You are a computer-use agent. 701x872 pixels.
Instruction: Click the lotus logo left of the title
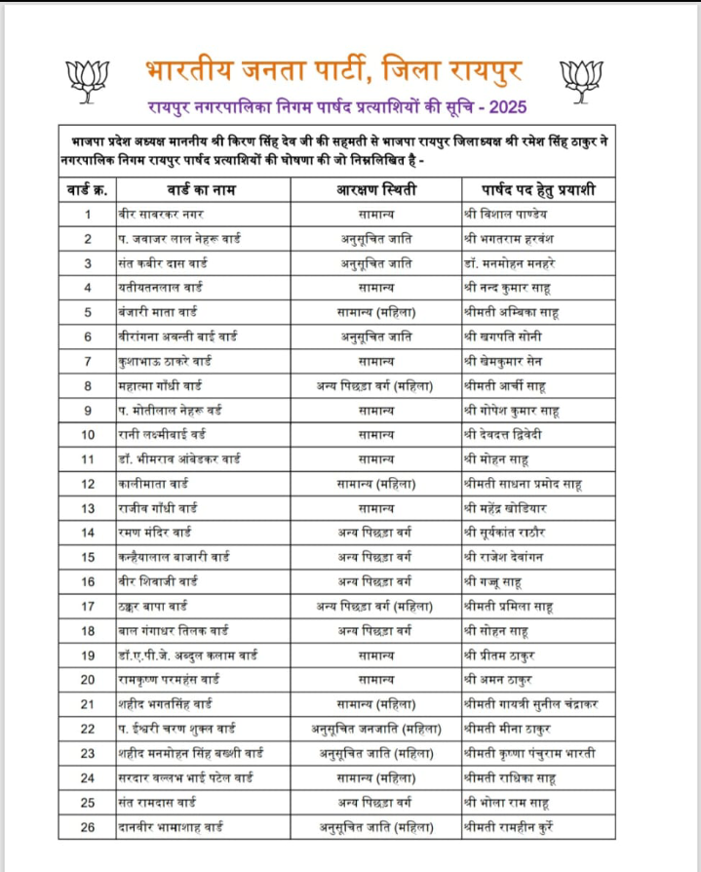[84, 76]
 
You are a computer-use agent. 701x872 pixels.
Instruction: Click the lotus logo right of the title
[584, 76]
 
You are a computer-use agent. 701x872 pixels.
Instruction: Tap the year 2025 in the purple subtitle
[510, 103]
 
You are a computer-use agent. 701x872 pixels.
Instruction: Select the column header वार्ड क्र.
[87, 188]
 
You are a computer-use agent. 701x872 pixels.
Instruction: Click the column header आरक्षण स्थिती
[375, 188]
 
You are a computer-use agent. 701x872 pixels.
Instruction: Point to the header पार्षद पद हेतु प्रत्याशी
[539, 188]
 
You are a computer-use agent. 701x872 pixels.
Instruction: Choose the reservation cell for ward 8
[375, 385]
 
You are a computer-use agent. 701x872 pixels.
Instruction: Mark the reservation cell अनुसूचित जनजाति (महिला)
[375, 729]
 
